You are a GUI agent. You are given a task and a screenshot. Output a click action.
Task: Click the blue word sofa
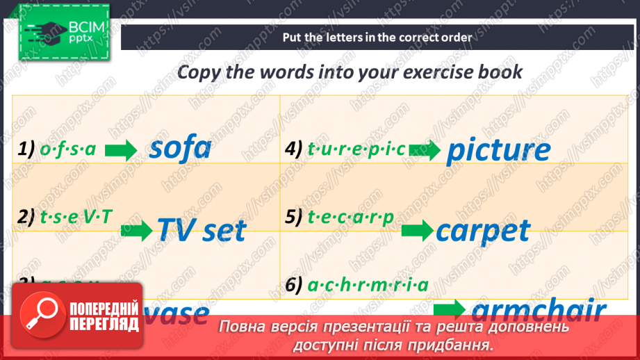coord(180,148)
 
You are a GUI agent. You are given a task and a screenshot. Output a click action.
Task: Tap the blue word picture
coord(498,150)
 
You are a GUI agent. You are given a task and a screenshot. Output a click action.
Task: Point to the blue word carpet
coord(483,230)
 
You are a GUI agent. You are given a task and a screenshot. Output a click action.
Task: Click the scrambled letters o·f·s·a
coord(67,148)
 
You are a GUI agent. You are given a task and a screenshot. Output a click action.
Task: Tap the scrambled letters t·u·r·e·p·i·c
coord(356,148)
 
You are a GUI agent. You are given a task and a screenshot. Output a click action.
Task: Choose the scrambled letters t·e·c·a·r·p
coord(351,217)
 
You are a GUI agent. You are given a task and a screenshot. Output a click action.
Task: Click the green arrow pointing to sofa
coord(121,151)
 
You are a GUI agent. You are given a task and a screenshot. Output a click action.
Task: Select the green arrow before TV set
coord(137,231)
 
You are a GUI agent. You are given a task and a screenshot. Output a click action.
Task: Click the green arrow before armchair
coord(450,309)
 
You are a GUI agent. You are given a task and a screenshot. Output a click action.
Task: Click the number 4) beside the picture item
coord(295,148)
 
